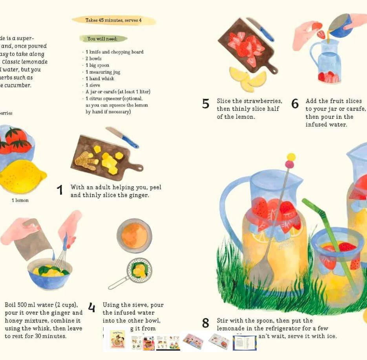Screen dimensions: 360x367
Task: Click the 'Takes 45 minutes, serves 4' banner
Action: [113, 20]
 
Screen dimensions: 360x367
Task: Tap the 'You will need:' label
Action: [103, 39]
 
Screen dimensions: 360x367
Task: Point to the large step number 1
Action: [60, 191]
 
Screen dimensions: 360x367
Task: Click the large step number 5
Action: [206, 104]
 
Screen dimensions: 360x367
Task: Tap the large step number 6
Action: [295, 104]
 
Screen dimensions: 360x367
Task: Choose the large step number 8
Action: [206, 323]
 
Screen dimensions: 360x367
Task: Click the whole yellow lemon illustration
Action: [22, 176]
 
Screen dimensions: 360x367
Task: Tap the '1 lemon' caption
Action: [20, 200]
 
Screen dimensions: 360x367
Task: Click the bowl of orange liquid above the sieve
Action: [134, 236]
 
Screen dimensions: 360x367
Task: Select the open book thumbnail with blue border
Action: [245, 343]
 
